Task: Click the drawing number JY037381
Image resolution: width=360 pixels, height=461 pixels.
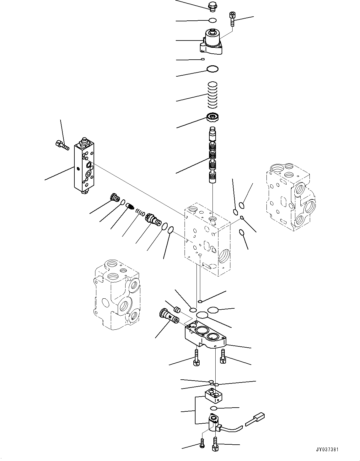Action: pos(327,450)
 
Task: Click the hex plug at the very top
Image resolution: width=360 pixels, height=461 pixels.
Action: pos(212,6)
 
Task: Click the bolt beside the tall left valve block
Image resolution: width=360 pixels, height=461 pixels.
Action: pos(62,145)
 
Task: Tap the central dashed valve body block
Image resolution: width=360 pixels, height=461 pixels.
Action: pos(207,239)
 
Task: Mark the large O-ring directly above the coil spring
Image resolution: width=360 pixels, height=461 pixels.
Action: pos(212,69)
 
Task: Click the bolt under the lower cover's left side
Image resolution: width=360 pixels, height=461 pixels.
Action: pos(196,358)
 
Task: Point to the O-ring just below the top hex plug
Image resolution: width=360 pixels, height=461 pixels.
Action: pos(212,21)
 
